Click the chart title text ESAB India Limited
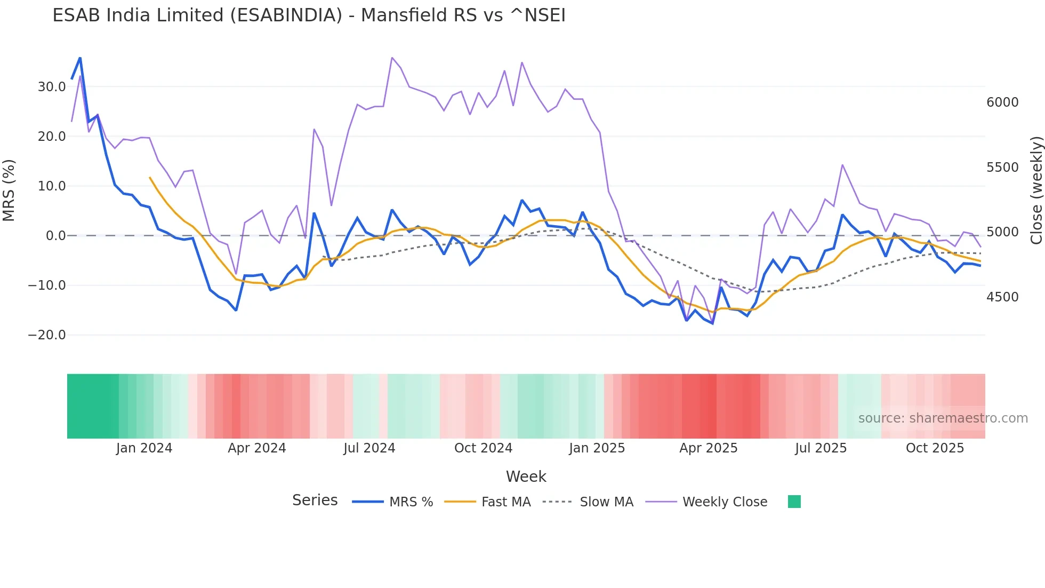309,15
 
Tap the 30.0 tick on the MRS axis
51,87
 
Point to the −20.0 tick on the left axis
47,335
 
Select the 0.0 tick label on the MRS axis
55,236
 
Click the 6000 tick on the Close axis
1002,102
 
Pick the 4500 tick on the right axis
1002,297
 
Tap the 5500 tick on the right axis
1002,168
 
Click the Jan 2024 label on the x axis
144,448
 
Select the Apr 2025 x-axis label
708,448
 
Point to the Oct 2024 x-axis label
483,448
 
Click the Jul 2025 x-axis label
821,448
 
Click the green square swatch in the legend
794,502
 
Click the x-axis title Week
526,476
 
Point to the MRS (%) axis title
9,190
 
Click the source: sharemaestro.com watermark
943,418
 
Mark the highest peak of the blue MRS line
80,58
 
